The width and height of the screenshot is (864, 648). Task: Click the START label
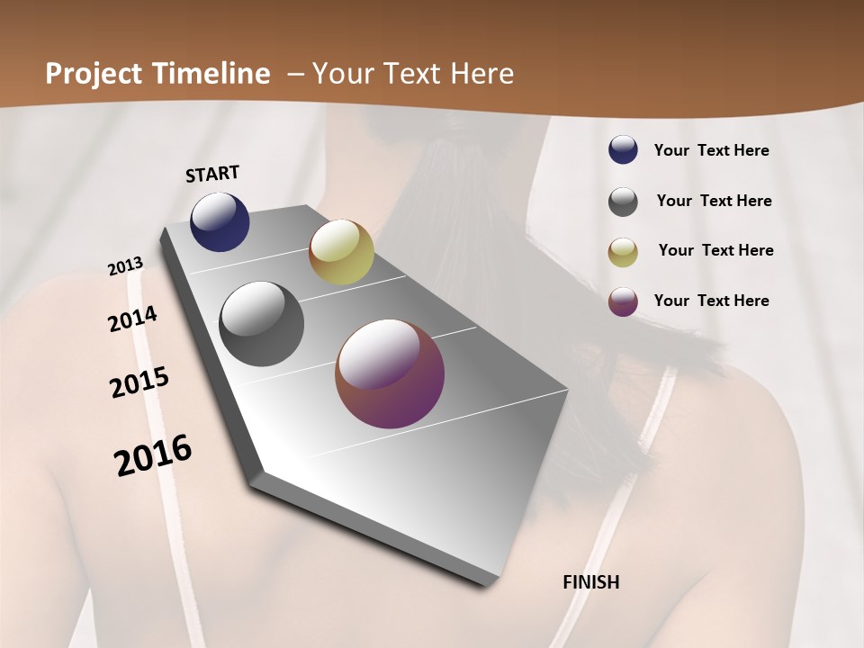coord(212,174)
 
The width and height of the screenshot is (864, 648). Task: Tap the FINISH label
coord(591,582)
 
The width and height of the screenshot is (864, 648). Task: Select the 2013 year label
coord(126,266)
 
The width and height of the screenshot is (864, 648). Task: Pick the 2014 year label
coord(133,319)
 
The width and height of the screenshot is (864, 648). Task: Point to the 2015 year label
coord(139,382)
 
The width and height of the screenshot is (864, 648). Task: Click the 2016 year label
coord(153,455)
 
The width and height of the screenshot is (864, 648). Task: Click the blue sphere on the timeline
coord(220,222)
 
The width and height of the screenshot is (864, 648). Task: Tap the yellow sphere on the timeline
coord(341,252)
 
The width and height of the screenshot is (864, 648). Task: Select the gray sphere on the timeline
coord(262,324)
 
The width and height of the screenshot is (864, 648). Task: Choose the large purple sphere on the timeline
coord(390,373)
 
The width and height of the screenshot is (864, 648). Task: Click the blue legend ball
coord(623,150)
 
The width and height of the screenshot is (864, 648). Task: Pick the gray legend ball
coord(623,202)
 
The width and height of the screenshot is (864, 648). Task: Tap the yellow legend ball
coord(623,252)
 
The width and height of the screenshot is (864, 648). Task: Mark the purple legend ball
coord(623,301)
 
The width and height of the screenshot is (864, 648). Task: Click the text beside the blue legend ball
coord(712,151)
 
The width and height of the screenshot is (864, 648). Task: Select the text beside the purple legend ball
coord(712,301)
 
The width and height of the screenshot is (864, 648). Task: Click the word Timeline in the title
coord(214,74)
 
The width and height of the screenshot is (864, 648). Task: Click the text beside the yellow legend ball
coord(715,250)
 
